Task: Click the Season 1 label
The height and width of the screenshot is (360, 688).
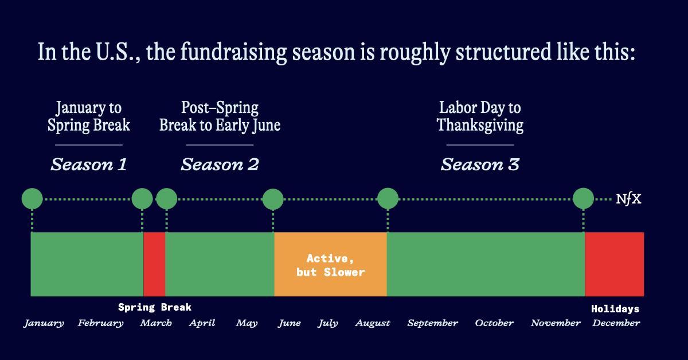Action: pyautogui.click(x=89, y=165)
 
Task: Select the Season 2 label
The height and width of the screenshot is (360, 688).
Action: pyautogui.click(x=220, y=165)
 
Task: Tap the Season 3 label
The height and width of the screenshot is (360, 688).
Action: pyautogui.click(x=480, y=165)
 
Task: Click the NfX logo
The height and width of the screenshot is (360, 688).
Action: pyautogui.click(x=629, y=199)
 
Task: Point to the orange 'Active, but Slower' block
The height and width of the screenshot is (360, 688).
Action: pyautogui.click(x=330, y=264)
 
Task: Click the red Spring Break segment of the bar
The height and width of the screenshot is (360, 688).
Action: pyautogui.click(x=154, y=264)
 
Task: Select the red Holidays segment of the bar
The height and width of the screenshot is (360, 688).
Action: pyautogui.click(x=614, y=264)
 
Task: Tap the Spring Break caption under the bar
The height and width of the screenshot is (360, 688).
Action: pyautogui.click(x=154, y=307)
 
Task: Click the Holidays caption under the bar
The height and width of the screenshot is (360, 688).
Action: pyautogui.click(x=615, y=309)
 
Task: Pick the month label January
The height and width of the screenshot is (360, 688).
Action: pyautogui.click(x=44, y=323)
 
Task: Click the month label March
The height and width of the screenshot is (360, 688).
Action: pyautogui.click(x=156, y=323)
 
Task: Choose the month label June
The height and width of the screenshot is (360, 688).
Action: pyautogui.click(x=290, y=323)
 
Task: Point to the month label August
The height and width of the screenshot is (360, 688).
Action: pyautogui.click(x=373, y=323)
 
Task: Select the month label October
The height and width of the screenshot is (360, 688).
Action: pyautogui.click(x=494, y=323)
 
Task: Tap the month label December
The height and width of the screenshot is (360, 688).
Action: pyautogui.click(x=616, y=323)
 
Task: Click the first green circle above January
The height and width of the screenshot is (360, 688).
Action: pyautogui.click(x=32, y=199)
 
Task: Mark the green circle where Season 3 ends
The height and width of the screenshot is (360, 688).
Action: pyautogui.click(x=583, y=199)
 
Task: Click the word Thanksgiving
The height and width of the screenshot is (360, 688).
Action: pyautogui.click(x=480, y=126)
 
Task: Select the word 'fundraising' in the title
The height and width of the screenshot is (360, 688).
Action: pyautogui.click(x=233, y=52)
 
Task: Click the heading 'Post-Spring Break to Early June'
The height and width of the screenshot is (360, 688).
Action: pyautogui.click(x=220, y=117)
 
